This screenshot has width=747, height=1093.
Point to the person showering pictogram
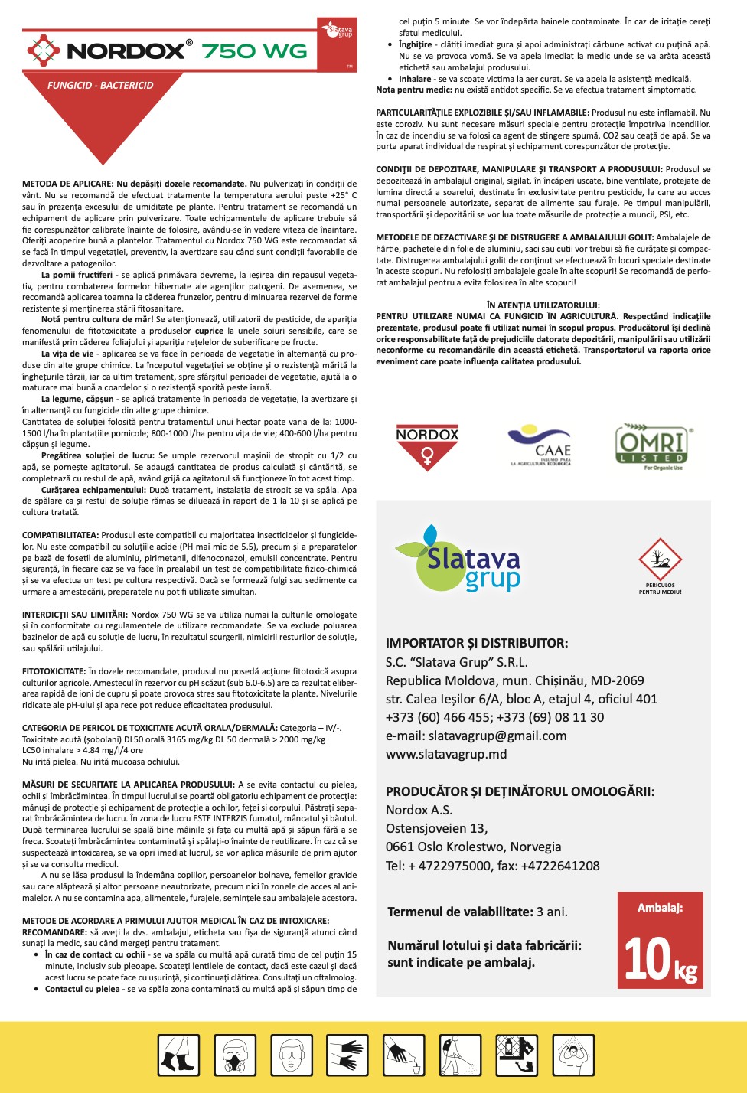click(x=573, y=1055)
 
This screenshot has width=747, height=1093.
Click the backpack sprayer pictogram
click(x=460, y=1055)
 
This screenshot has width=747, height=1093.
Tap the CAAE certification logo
click(x=541, y=445)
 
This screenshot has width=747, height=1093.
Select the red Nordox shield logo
click(x=427, y=447)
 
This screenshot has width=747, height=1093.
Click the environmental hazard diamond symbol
click(x=660, y=560)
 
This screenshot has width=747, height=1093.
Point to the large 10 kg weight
click(x=660, y=960)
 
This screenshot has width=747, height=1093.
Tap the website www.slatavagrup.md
click(x=446, y=754)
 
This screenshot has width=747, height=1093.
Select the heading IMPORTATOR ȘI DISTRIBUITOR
click(x=477, y=643)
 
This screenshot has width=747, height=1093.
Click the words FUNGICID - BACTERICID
click(x=100, y=86)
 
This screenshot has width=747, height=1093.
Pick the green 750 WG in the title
click(x=254, y=51)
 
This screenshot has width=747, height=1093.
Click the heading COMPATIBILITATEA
click(x=60, y=535)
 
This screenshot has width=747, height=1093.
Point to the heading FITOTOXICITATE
click(x=54, y=671)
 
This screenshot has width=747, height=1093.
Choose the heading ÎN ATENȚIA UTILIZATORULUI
click(x=543, y=305)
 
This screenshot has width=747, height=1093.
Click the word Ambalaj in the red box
click(x=660, y=908)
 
